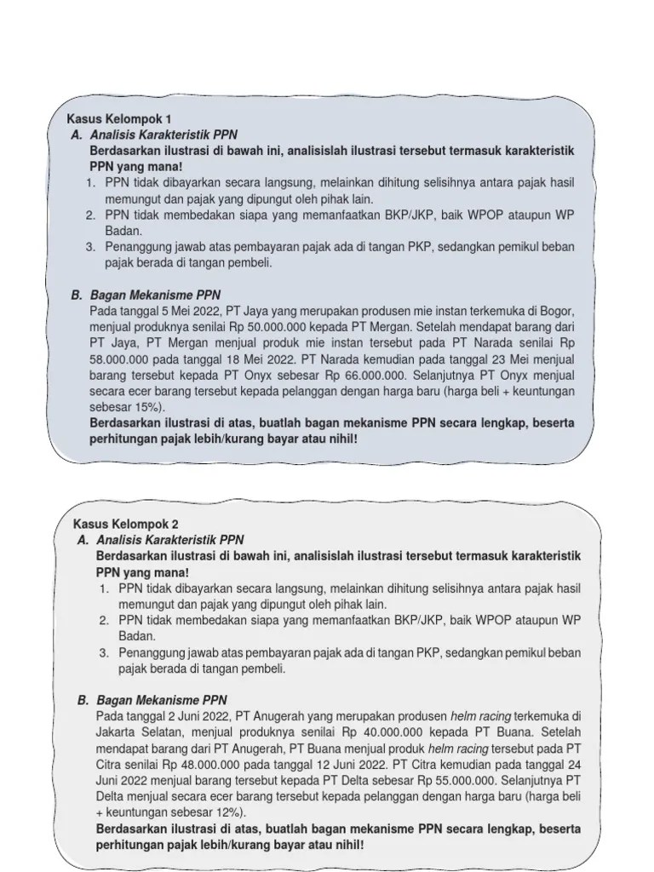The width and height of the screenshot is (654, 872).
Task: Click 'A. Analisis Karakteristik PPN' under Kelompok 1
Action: (x=154, y=135)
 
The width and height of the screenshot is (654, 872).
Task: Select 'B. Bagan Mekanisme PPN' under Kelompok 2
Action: (x=159, y=701)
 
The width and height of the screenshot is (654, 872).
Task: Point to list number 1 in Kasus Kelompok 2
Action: (x=102, y=588)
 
